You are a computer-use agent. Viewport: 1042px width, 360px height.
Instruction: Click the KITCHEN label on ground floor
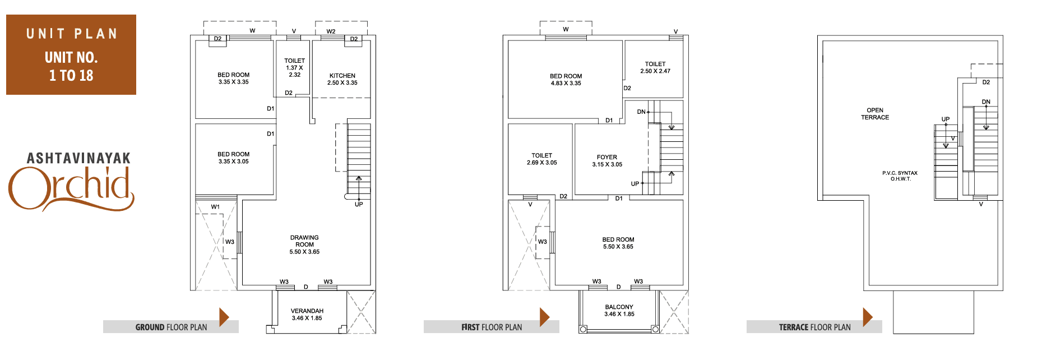342,76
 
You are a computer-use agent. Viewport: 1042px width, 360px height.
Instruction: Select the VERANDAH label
307,311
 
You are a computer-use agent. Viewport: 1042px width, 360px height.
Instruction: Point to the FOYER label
607,158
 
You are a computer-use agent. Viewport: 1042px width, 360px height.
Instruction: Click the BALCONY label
619,307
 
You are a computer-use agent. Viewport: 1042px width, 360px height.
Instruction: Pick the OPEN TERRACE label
875,114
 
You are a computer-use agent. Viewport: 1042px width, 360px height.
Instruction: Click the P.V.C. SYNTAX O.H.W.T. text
900,176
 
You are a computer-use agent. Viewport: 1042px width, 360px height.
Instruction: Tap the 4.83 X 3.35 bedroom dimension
566,84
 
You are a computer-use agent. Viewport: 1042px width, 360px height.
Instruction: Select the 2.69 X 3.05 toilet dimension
542,163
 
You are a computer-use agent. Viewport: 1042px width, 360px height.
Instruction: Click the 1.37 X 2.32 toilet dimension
294,71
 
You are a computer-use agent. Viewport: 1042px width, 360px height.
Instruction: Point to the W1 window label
215,207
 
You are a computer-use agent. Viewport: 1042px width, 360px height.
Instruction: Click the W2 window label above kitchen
331,31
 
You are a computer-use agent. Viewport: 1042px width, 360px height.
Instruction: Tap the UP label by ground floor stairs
359,204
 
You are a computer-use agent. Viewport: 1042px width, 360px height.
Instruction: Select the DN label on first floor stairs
641,112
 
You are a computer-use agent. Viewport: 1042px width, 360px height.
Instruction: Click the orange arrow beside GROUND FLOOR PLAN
224,317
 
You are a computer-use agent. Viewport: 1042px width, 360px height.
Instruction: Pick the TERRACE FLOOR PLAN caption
815,327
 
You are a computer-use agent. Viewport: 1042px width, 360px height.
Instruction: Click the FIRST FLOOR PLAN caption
492,327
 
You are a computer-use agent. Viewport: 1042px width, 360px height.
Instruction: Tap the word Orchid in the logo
71,188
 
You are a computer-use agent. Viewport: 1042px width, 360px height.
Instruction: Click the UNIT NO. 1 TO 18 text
71,66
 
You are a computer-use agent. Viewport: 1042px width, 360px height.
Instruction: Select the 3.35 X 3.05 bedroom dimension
234,161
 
